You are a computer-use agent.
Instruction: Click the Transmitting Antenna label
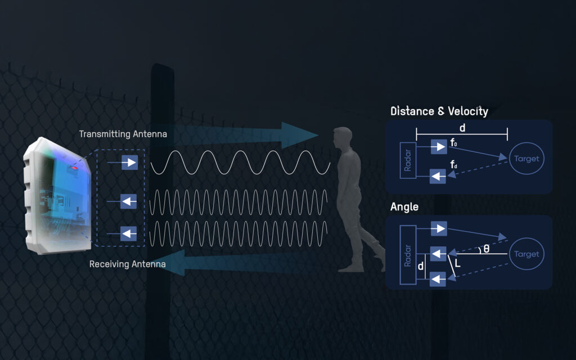coord(123,134)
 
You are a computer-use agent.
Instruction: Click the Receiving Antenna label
coord(128,264)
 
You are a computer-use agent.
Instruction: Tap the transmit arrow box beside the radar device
coord(130,163)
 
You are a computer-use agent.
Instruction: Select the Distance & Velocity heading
coord(439,111)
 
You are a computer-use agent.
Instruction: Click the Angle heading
coord(404,207)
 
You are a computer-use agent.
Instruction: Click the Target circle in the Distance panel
coord(526,159)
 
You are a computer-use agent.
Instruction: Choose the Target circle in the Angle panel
coord(526,254)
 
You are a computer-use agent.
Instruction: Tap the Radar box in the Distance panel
coord(408,160)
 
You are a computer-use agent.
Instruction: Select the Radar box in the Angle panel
coord(408,255)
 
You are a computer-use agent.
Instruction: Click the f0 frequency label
coord(454,142)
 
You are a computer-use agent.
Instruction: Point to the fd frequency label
coord(454,164)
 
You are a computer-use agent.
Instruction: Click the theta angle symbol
coord(487,249)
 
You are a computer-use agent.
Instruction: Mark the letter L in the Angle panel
coord(457,263)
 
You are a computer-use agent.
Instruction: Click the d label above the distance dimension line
coord(462,128)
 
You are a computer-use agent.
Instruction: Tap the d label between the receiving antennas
coord(421,266)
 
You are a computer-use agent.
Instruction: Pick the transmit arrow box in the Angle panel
coord(439,228)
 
